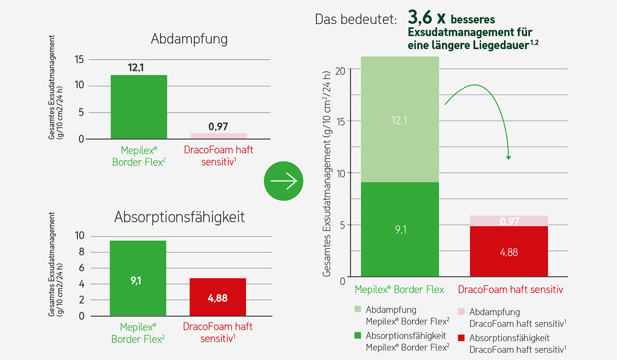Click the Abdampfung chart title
click(189, 39)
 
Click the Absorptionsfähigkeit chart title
click(179, 218)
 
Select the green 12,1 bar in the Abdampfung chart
click(139, 107)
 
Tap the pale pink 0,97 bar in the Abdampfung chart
click(219, 136)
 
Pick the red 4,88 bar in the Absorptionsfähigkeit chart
click(218, 297)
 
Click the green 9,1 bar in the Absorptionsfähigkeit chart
click(138, 278)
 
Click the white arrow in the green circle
click(284, 181)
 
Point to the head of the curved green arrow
click(509, 157)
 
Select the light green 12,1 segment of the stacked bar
click(400, 119)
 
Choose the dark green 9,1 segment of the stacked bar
click(400, 229)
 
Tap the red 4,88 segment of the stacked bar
click(509, 251)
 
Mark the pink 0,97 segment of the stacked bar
click(509, 221)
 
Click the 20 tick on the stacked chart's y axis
click(340, 71)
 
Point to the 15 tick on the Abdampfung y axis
click(79, 60)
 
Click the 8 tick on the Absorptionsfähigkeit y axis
click(82, 252)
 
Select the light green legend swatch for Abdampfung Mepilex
click(357, 309)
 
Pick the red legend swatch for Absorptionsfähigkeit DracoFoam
click(461, 338)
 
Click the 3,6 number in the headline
click(420, 17)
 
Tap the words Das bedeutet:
click(356, 20)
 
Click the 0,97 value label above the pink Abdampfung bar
click(218, 127)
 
